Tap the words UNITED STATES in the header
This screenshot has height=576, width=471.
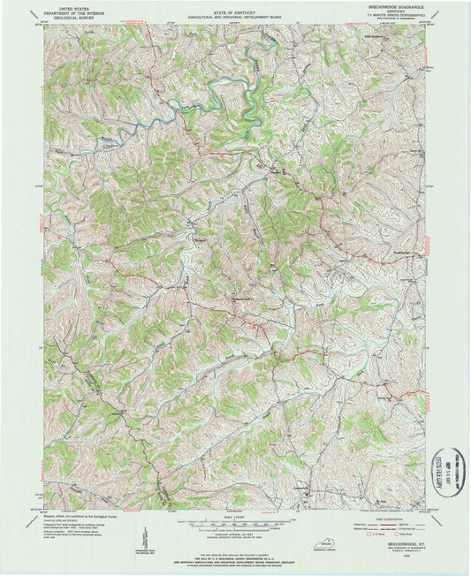pyautogui.click(x=68, y=4)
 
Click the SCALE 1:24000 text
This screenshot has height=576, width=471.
pyautogui.click(x=234, y=516)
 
